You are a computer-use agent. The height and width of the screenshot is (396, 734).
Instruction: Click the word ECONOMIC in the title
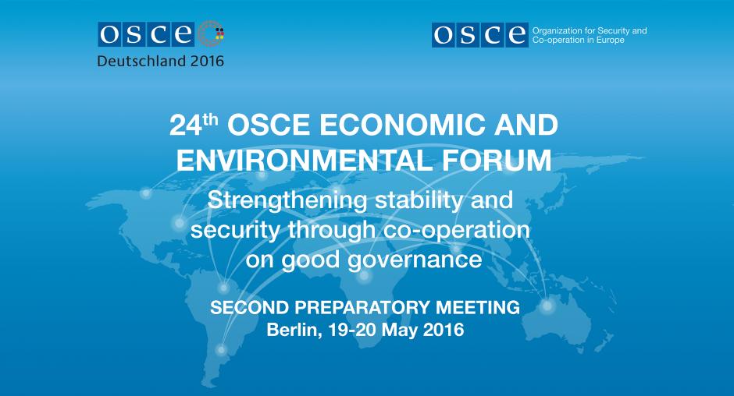[x=403, y=126]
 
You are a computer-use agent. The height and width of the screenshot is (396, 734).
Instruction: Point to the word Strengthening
[x=287, y=201]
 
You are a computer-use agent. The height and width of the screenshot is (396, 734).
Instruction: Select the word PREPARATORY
[x=362, y=308]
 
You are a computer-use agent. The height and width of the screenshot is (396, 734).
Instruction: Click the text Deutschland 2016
[x=161, y=62]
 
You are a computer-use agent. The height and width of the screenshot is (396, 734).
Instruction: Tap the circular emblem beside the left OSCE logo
[x=211, y=34]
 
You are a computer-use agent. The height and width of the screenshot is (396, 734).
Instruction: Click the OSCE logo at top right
[x=479, y=35]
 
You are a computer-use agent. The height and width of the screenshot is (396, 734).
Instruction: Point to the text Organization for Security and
[x=590, y=31]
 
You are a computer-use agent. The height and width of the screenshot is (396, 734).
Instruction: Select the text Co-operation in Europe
[x=579, y=41]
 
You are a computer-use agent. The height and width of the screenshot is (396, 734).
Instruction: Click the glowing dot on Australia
[x=547, y=306]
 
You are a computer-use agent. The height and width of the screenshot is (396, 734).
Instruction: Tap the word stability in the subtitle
[x=419, y=201]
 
